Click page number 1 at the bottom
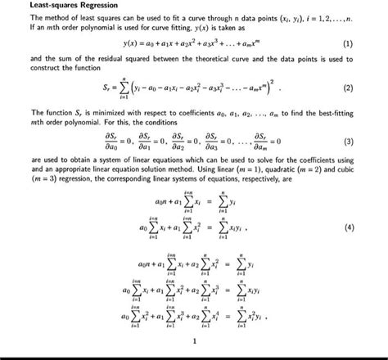tap(194, 342)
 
